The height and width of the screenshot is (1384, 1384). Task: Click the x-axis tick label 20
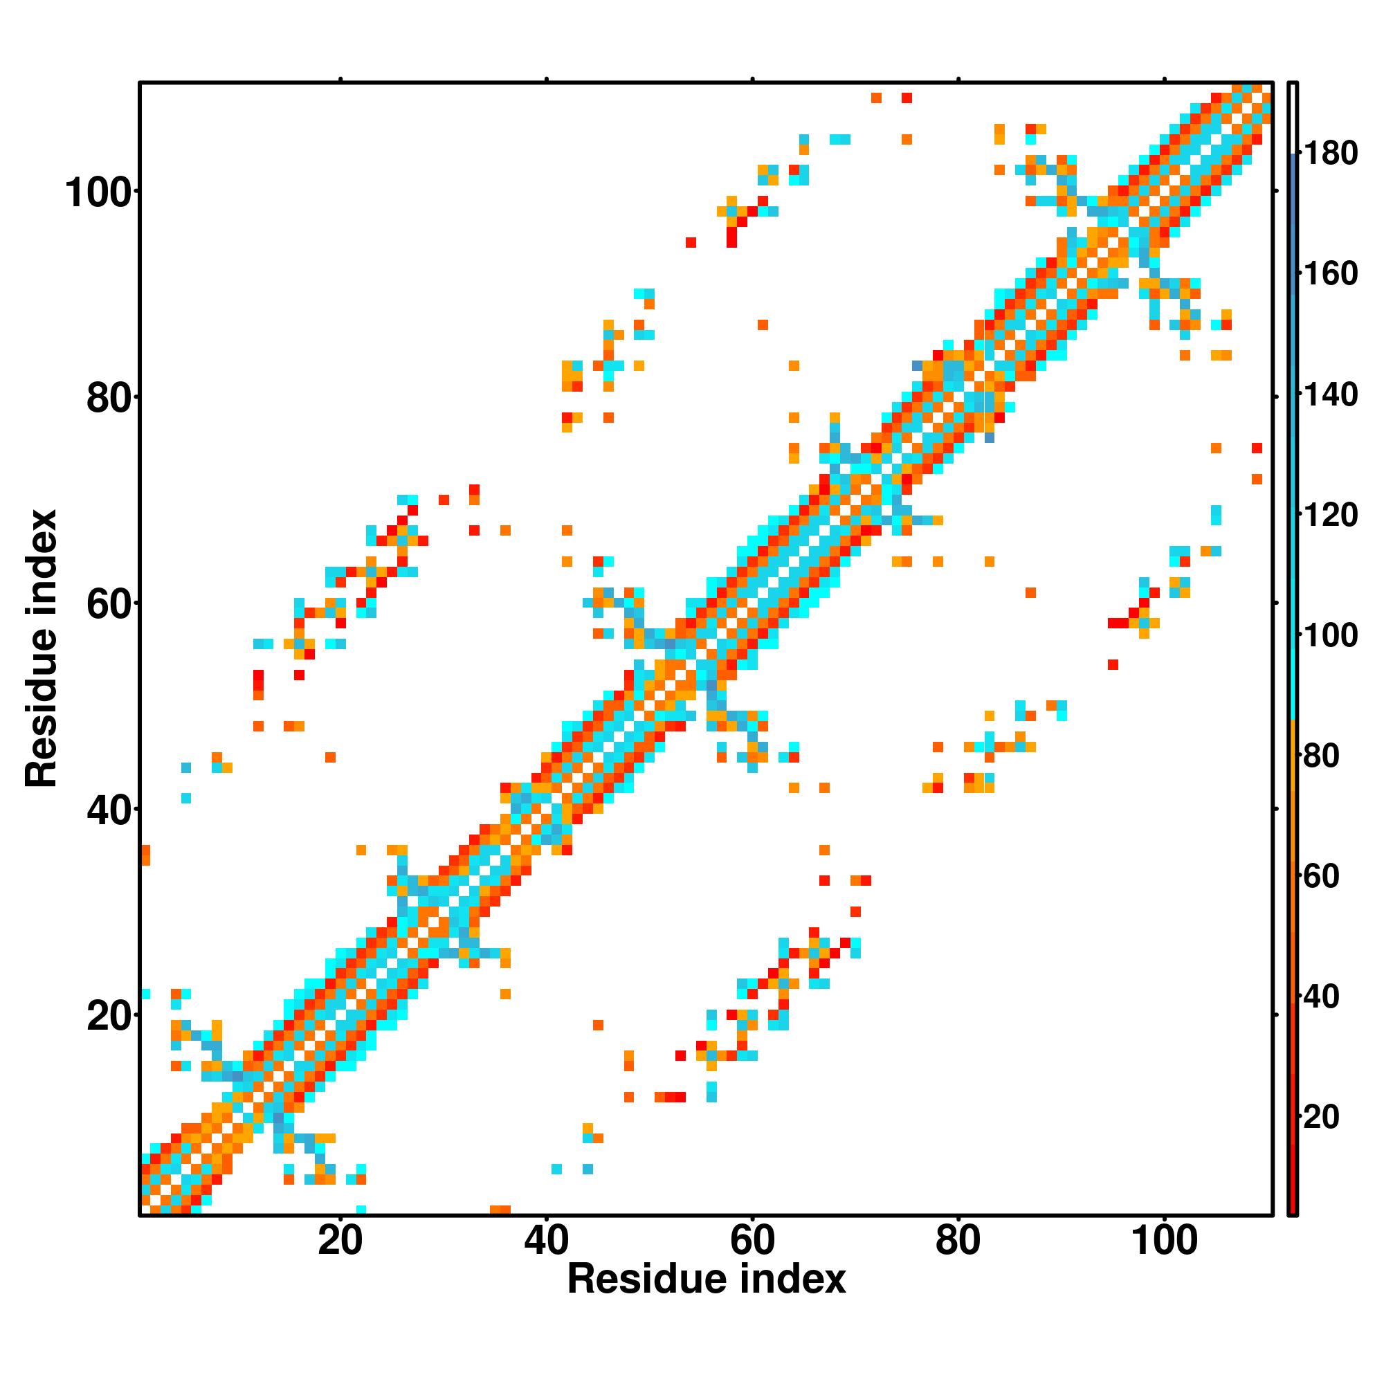(x=340, y=1241)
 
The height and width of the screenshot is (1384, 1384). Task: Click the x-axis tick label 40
(x=546, y=1241)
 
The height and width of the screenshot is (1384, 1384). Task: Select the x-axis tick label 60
(x=752, y=1241)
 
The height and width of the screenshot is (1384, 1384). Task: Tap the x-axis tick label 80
(x=958, y=1241)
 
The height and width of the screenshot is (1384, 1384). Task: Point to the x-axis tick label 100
(x=1164, y=1241)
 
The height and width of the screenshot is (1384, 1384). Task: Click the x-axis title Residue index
(x=707, y=1280)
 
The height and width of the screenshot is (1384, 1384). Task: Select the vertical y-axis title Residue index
(x=41, y=648)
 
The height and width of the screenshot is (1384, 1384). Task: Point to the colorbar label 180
(x=1330, y=154)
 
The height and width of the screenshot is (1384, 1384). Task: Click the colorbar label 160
(x=1330, y=273)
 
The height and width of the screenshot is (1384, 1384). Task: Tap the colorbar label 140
(x=1330, y=394)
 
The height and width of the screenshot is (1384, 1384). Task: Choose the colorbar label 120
(x=1330, y=515)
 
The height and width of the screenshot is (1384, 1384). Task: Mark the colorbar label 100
(x=1330, y=635)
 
